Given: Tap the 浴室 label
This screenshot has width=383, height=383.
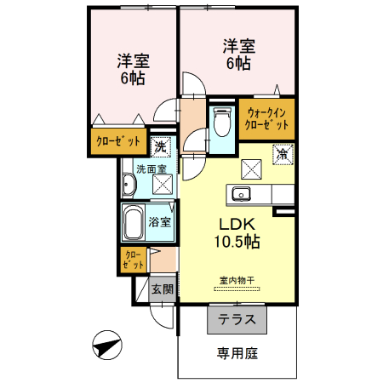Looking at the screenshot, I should tap(160, 222).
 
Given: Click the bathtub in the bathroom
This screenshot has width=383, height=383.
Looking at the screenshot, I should tap(133, 223).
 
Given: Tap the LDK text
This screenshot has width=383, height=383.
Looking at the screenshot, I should tap(237, 224).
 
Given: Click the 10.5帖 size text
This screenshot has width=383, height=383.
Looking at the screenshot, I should tap(237, 242).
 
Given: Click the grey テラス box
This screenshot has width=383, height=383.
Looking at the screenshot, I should tap(237, 321).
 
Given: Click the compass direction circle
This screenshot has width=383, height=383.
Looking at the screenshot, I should tap(106, 346).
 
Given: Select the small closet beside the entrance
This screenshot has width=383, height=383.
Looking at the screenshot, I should tap(133, 260).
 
